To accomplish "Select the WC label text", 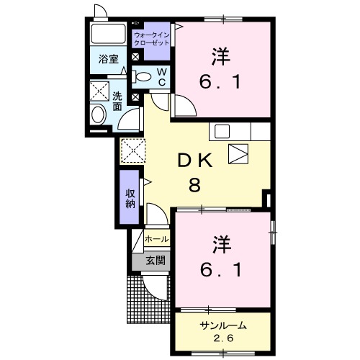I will click(x=162, y=77).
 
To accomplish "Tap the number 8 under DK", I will click(x=194, y=186).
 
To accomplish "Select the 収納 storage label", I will click(x=130, y=198).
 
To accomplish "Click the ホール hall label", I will click(x=156, y=239).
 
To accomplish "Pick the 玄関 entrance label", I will click(x=156, y=260).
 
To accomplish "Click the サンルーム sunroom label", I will click(x=222, y=325).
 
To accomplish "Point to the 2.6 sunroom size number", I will click(x=222, y=338).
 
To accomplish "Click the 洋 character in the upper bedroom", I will click(x=222, y=56).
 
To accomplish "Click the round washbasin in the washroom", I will click(x=97, y=114).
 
